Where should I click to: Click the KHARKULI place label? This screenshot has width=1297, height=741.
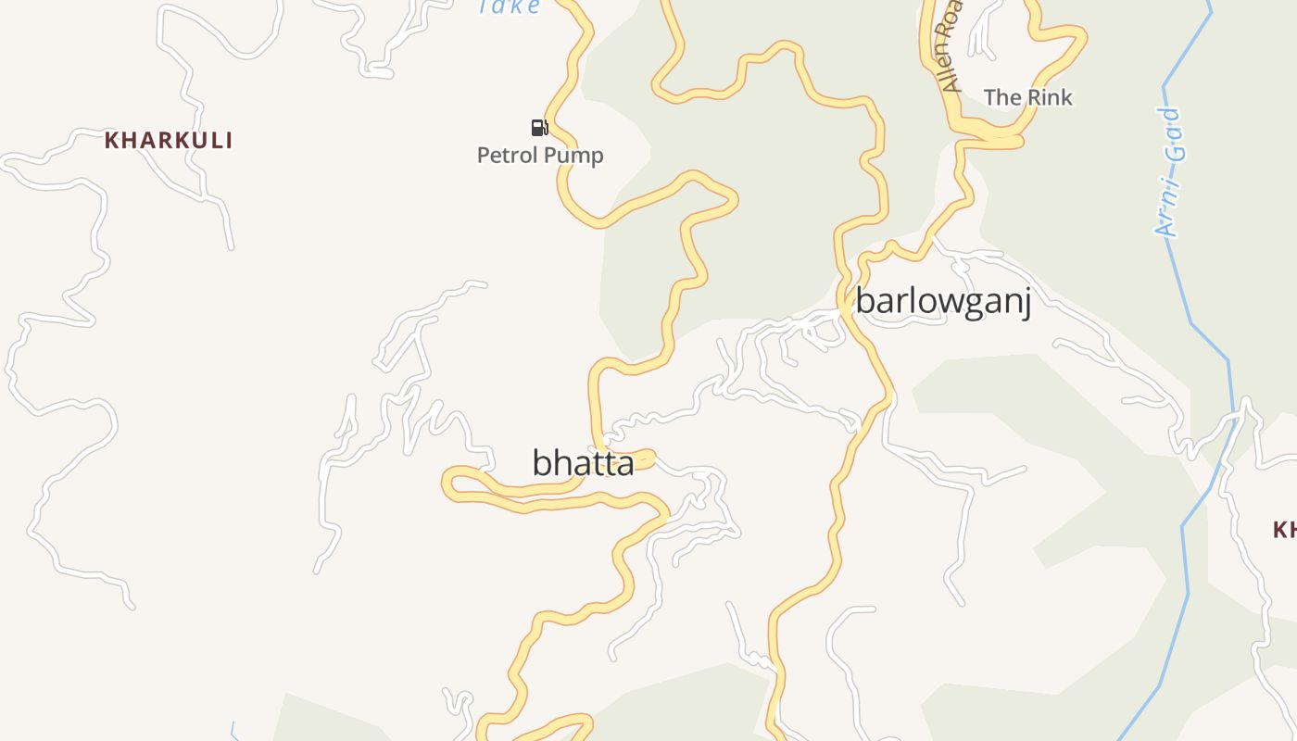pyautogui.click(x=168, y=141)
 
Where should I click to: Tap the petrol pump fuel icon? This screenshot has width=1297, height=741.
pyautogui.click(x=539, y=127)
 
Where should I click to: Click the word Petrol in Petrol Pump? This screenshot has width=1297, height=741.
pyautogui.click(x=507, y=156)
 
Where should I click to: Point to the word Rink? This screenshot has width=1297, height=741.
pyautogui.click(x=1048, y=97)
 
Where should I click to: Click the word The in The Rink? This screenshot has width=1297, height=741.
pyautogui.click(x=1001, y=97)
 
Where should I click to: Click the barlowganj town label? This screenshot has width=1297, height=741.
pyautogui.click(x=943, y=302)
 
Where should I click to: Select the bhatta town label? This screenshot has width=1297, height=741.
pyautogui.click(x=583, y=462)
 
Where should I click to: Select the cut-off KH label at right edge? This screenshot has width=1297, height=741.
pyautogui.click(x=1284, y=530)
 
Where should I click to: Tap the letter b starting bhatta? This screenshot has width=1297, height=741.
pyautogui.click(x=541, y=462)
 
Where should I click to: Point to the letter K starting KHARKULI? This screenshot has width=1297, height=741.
pyautogui.click(x=111, y=141)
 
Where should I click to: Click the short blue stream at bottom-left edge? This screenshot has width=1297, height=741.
pyautogui.click(x=233, y=731)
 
